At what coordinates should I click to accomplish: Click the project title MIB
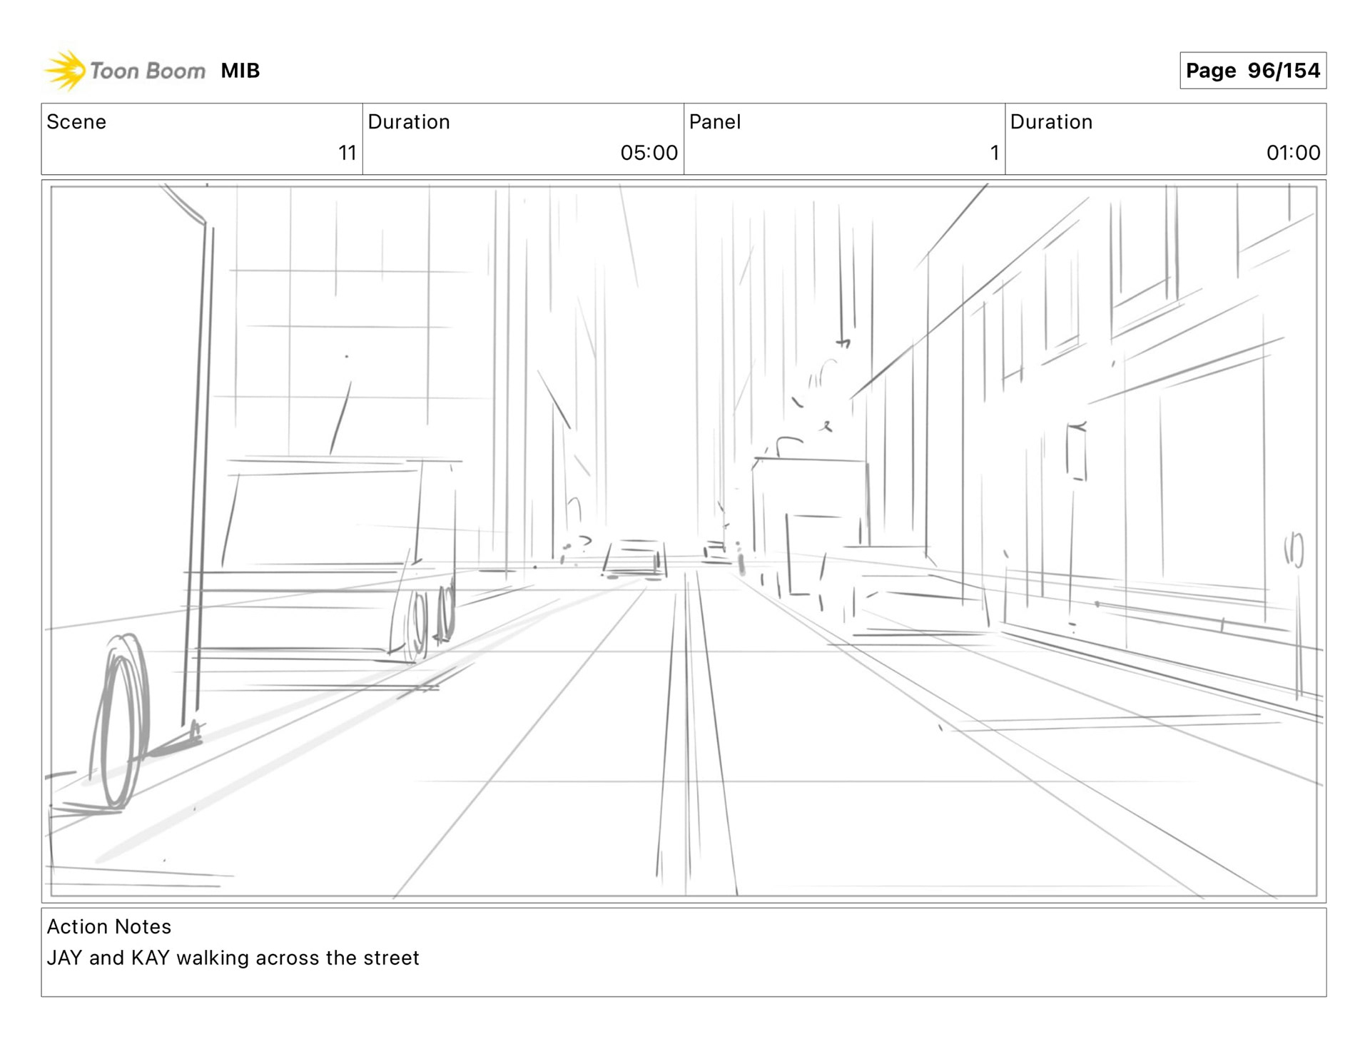tap(240, 71)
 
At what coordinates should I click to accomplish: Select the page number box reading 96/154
tap(1252, 71)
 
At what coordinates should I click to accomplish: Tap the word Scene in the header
tap(76, 122)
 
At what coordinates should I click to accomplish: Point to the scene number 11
tap(347, 153)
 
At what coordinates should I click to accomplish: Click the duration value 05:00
tap(649, 153)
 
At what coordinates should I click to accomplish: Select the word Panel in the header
tap(714, 122)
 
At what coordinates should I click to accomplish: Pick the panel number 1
tap(994, 153)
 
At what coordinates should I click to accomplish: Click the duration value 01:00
tap(1293, 153)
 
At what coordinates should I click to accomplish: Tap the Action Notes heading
tap(109, 926)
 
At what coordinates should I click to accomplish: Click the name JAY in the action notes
tap(64, 958)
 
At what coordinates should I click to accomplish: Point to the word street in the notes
tap(391, 958)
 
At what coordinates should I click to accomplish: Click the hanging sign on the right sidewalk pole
tap(1076, 452)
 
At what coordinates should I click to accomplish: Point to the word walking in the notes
tap(213, 958)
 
